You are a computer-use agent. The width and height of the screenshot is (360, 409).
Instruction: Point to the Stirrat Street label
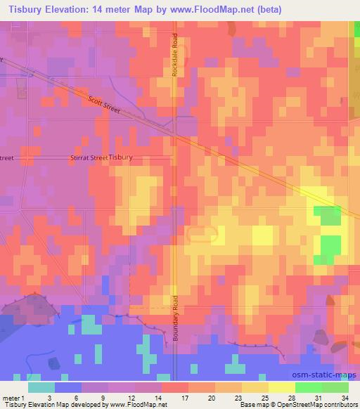pyautogui.click(x=89, y=158)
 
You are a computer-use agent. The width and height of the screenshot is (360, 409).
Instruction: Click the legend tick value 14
pyautogui.click(x=162, y=398)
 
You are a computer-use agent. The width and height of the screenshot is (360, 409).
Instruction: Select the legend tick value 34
pyautogui.click(x=345, y=398)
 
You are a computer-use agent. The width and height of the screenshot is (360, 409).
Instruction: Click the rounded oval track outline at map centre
pyautogui.click(x=202, y=235)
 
